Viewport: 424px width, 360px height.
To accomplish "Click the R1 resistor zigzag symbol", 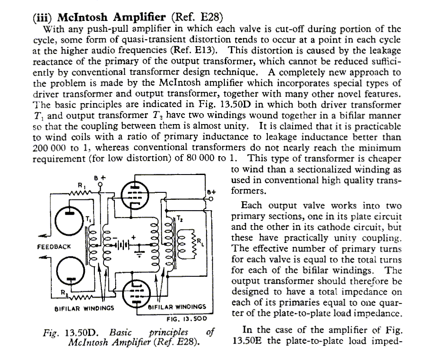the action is [x=80, y=193].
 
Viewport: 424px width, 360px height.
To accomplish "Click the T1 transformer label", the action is [x=88, y=219].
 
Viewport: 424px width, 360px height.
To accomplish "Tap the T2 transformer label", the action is [x=180, y=218].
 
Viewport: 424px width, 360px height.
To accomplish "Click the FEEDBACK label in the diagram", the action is [x=54, y=246].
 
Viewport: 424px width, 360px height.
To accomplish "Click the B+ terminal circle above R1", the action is [x=100, y=184].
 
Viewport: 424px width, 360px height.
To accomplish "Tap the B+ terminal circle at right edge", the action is [x=211, y=199].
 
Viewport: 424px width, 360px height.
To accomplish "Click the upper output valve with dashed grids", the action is [x=135, y=195].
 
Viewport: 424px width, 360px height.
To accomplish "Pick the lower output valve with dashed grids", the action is [x=136, y=294].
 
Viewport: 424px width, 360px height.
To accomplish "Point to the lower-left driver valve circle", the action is [x=70, y=270].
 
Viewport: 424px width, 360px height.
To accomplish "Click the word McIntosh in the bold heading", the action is [x=82, y=17].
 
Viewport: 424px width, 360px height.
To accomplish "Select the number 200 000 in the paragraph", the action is [x=49, y=148].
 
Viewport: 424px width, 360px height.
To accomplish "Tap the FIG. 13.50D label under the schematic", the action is [x=187, y=319].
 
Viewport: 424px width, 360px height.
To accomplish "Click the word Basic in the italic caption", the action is [x=120, y=332].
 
